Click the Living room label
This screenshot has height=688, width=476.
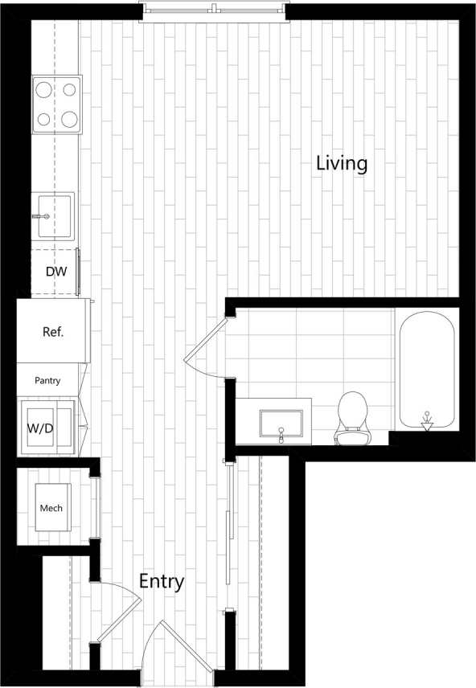pos(342,163)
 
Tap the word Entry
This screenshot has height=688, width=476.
pos(162,581)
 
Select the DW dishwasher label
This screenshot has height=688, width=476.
pos(55,272)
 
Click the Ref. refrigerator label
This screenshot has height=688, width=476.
pos(53,331)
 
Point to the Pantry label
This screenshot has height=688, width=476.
pos(47,380)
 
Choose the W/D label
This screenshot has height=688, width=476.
pos(41,428)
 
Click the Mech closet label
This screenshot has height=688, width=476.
pos(51,508)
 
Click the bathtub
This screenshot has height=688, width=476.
pos(426,370)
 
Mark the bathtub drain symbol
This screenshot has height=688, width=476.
pos(427,419)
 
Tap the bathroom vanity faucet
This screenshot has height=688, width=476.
pos(281,435)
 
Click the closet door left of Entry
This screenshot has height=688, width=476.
pos(113,615)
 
